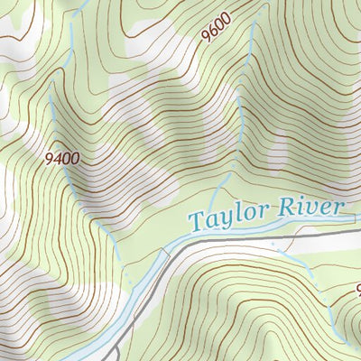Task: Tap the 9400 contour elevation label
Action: pyautogui.click(x=61, y=159)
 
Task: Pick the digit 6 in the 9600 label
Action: pyautogui.click(x=214, y=30)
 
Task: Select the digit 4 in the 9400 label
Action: pyautogui.click(x=56, y=159)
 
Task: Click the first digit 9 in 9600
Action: pyautogui.click(x=207, y=36)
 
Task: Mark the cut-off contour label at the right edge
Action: pyautogui.click(x=356, y=291)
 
